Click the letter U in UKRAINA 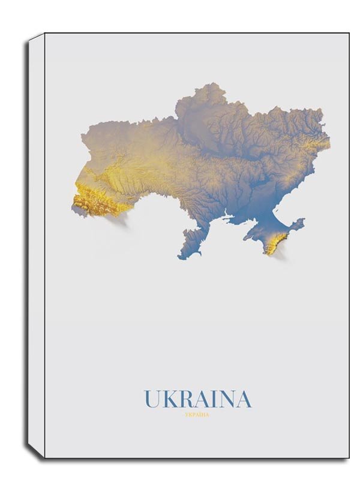(x=151, y=399)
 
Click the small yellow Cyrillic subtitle (x=197, y=412)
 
